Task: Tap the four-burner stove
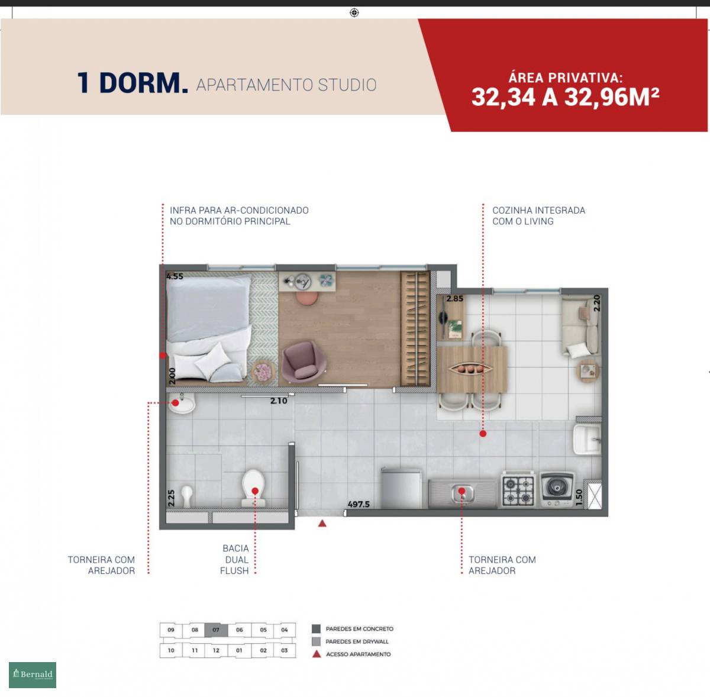[518, 489]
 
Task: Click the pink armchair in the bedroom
[304, 362]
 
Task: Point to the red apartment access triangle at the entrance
[322, 524]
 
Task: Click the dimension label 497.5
[359, 504]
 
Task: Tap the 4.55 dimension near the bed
[175, 276]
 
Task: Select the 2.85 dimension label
[454, 299]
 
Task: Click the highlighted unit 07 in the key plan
[216, 630]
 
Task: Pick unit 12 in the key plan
[216, 650]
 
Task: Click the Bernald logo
[33, 675]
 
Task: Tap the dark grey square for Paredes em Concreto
[316, 629]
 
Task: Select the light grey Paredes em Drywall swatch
[316, 641]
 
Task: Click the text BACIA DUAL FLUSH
[235, 560]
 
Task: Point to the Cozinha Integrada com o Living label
[538, 215]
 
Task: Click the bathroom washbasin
[182, 404]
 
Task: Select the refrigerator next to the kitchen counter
[401, 488]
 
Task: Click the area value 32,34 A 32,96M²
[565, 98]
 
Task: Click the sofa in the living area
[581, 326]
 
